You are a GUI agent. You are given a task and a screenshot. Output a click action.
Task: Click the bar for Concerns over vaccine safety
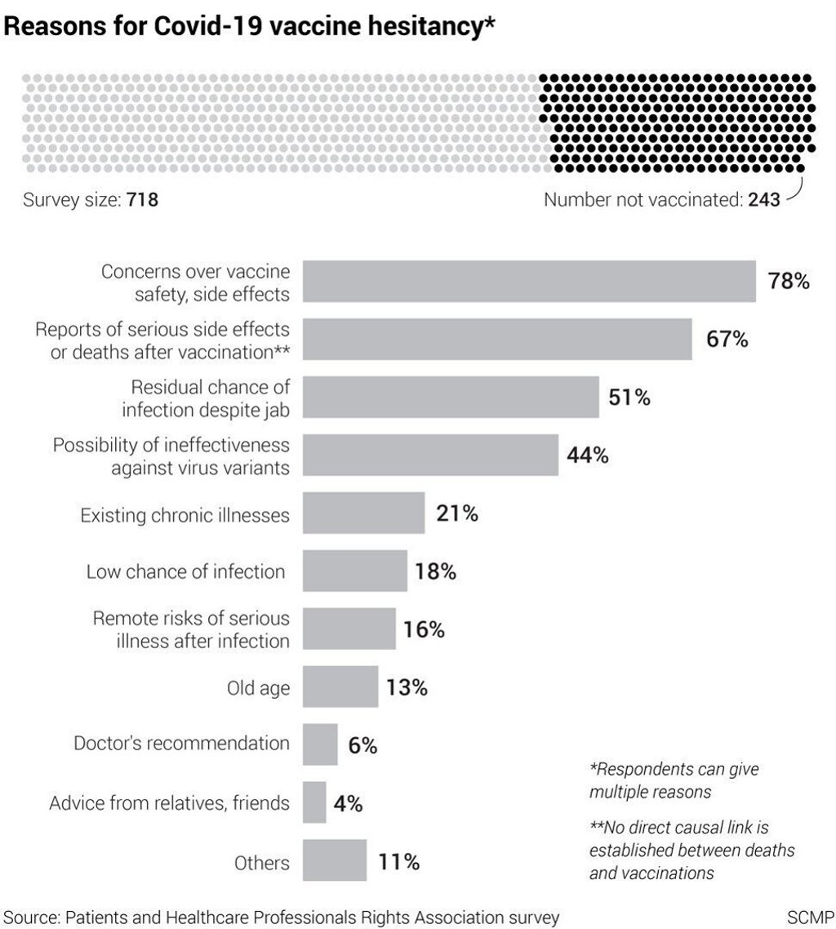pyautogui.click(x=529, y=282)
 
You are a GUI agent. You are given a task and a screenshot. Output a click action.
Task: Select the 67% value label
pyautogui.click(x=727, y=340)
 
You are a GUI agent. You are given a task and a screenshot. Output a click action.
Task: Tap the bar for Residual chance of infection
pyautogui.click(x=451, y=398)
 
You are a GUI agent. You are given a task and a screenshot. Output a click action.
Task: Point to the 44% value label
pyautogui.click(x=588, y=456)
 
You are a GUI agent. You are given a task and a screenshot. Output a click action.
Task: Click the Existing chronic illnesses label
pyautogui.click(x=185, y=515)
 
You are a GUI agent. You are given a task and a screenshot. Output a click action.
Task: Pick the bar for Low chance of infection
pyautogui.click(x=354, y=571)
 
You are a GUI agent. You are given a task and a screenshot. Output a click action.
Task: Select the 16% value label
pyautogui.click(x=424, y=630)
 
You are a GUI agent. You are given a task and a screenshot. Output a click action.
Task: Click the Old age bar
pyautogui.click(x=340, y=687)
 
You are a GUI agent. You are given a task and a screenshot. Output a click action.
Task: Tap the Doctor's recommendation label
pyautogui.click(x=181, y=743)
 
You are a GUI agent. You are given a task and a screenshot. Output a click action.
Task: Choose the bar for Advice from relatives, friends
pyautogui.click(x=314, y=802)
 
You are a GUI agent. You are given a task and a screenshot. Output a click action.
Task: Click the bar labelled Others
pyautogui.click(x=335, y=861)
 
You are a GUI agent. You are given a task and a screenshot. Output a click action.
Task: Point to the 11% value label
pyautogui.click(x=398, y=862)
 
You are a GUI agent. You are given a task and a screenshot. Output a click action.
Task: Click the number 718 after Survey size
pyautogui.click(x=141, y=199)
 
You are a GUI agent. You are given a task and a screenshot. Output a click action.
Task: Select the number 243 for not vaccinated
pyautogui.click(x=764, y=199)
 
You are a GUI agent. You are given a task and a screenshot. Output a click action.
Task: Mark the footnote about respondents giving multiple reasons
pyautogui.click(x=669, y=780)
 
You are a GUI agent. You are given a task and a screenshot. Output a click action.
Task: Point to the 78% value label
pyautogui.click(x=788, y=282)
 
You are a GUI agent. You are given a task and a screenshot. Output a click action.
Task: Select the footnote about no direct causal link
pyautogui.click(x=691, y=851)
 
